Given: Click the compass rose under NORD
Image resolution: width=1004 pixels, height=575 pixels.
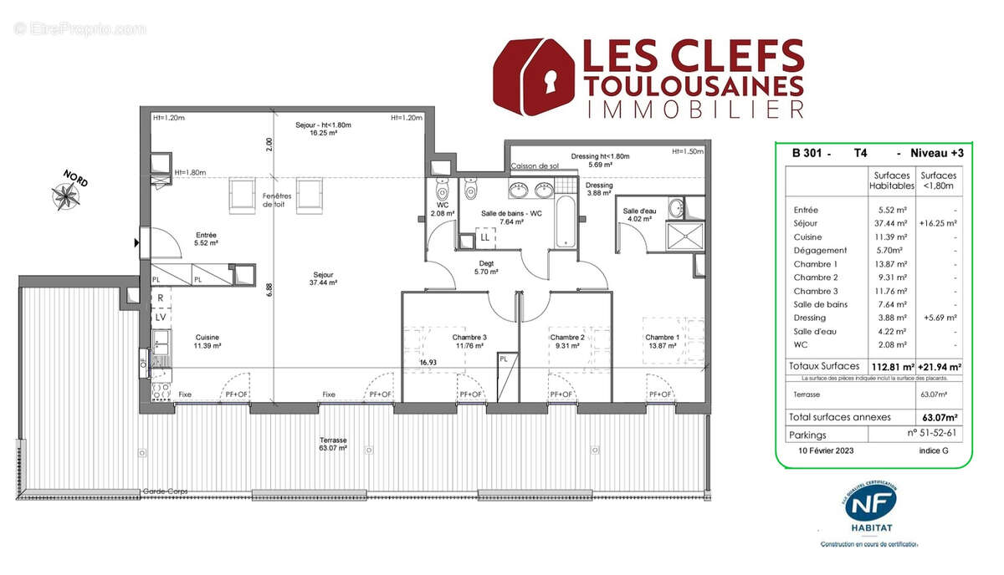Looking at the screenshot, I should click(x=64, y=196).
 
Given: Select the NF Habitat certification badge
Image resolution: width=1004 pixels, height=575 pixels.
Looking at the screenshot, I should click(x=870, y=509).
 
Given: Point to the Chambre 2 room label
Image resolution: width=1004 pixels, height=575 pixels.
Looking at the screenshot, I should click(x=566, y=341).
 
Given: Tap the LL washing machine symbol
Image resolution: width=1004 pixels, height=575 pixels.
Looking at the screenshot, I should click(x=484, y=238).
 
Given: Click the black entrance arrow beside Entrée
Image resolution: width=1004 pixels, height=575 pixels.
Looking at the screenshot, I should click(x=136, y=243).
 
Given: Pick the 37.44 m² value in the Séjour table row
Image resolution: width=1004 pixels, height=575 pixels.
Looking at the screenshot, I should click(x=887, y=223).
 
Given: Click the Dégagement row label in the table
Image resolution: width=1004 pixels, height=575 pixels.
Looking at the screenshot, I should click(x=820, y=250).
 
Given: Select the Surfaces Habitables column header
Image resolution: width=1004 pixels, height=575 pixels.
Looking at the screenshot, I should click(x=891, y=181).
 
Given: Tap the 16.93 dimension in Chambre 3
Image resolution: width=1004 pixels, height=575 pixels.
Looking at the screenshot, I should click(x=428, y=363).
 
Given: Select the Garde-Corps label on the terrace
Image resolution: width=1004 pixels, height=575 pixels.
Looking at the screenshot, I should click(x=165, y=491).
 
